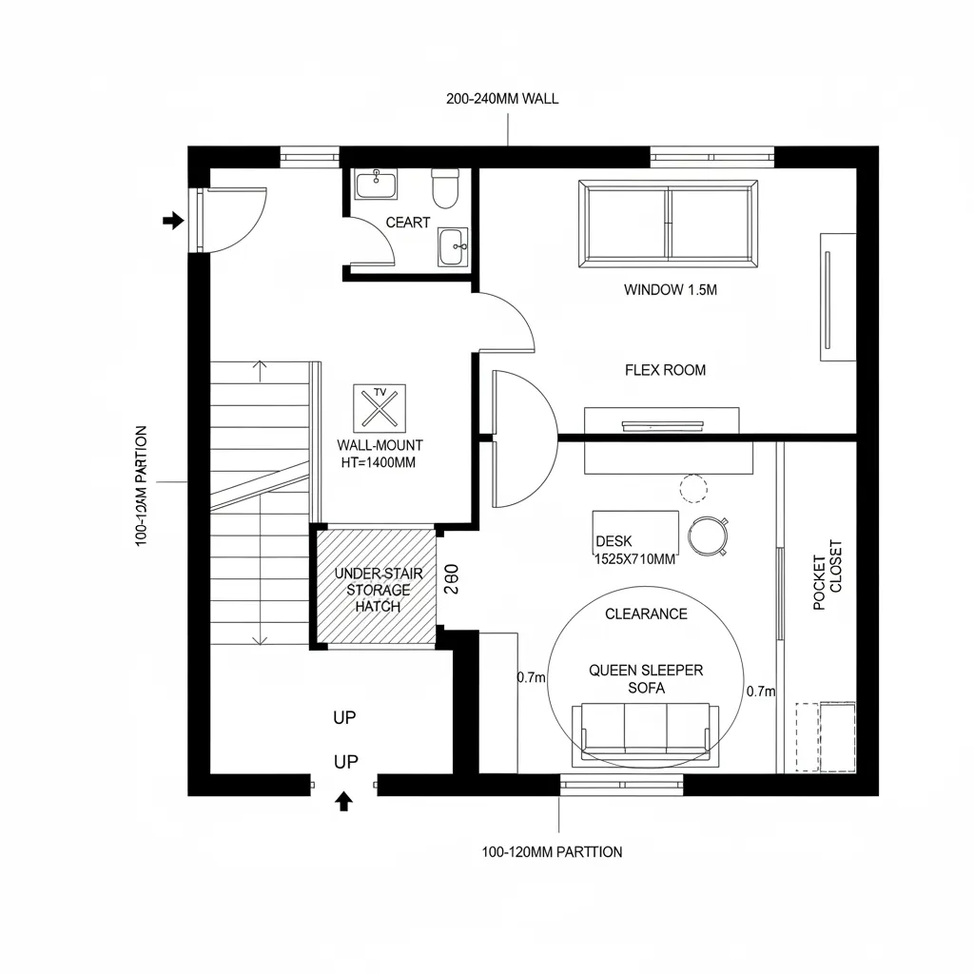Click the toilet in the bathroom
445,188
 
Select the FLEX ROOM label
665,370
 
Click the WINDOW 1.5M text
670,290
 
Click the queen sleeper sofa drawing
646,732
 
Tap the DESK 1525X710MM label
634,550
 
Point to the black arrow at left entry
172,221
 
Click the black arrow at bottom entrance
344,801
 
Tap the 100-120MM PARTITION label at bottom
553,851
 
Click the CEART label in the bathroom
408,223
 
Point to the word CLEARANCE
646,614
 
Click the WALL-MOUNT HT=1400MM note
380,454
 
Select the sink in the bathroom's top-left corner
377,184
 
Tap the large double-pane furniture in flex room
670,223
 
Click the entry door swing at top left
233,221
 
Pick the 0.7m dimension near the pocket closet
762,692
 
